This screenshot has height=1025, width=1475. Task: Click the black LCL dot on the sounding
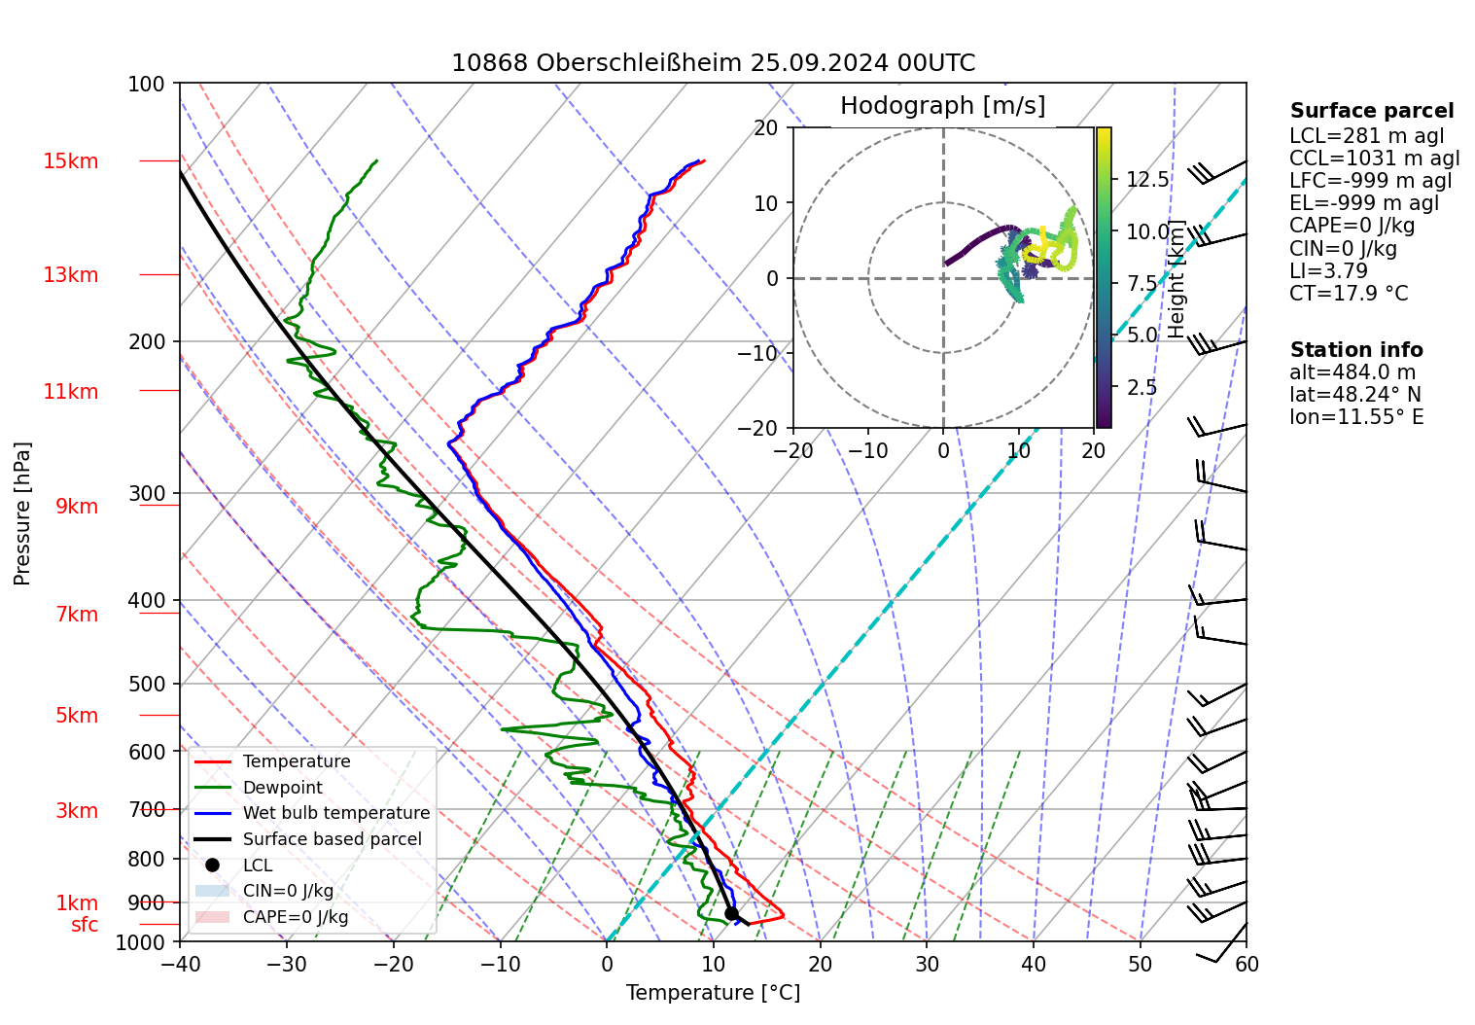coord(731,913)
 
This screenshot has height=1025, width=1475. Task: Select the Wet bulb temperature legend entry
coord(335,813)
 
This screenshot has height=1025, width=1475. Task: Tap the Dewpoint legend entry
coord(282,788)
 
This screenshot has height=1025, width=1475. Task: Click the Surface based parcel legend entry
coord(332,839)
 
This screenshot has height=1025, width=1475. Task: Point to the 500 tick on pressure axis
coord(148,684)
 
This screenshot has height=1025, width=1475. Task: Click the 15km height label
coord(70,161)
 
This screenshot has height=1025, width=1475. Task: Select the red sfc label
coord(85,925)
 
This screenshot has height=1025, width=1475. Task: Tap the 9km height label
coord(76,507)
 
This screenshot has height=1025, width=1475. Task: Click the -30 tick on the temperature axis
coord(287,964)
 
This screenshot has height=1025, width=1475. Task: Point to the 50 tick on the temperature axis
coord(1140,964)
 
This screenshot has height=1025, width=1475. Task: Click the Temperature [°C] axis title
coord(713,993)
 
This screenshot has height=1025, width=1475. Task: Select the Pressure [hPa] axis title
coord(22,513)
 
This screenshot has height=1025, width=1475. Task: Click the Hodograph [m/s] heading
coord(942,106)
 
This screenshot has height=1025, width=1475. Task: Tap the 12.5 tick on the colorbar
coord(1147,180)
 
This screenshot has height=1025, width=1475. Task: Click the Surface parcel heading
coord(1371,111)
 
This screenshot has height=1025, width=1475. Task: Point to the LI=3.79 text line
coord(1328,271)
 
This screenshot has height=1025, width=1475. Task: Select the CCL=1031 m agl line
coord(1374,159)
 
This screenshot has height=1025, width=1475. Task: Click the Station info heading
coord(1355,350)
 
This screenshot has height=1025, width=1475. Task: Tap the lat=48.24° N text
coord(1354,395)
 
